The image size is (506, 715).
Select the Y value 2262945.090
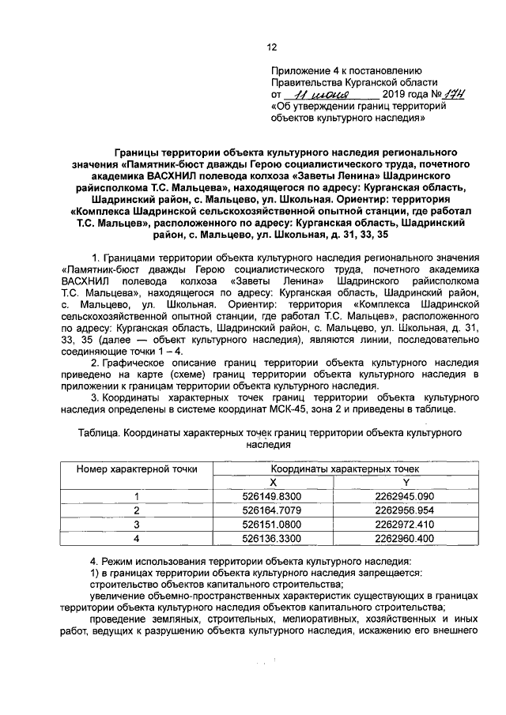pos(406,496)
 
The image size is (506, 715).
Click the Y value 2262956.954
pos(406,510)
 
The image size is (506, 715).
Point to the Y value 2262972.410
pos(406,524)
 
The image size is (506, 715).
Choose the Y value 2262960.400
pos(406,538)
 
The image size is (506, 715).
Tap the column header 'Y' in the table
pos(406,481)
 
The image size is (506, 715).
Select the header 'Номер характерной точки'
pos(137,469)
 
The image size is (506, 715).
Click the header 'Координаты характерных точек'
pos(340,469)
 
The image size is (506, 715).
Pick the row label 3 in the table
pos(137,524)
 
